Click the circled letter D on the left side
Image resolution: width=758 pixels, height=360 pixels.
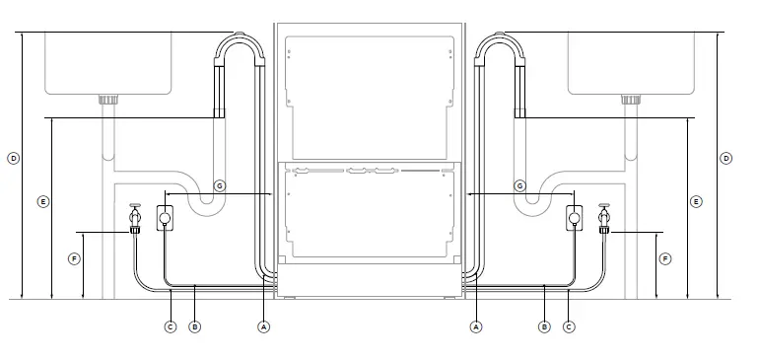coord(13,158)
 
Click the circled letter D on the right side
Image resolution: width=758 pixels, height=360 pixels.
coord(726,158)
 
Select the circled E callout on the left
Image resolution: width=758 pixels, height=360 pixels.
coord(42,201)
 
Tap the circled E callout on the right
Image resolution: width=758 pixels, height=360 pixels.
coord(696,201)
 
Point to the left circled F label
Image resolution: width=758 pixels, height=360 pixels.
coord(74,258)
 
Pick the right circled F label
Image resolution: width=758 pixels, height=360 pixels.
coord(664,258)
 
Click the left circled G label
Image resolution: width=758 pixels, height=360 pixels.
coord(220,185)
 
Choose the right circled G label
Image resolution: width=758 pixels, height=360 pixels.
coord(519,185)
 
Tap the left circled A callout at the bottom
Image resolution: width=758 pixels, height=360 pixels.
coord(263,325)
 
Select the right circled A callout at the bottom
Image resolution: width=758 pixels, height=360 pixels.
coord(476,325)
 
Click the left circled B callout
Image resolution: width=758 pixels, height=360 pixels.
coord(194,325)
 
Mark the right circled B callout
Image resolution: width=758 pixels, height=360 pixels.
coord(544,325)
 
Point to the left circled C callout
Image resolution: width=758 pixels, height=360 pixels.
coord(170,325)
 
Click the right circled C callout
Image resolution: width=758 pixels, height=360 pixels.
coord(569,325)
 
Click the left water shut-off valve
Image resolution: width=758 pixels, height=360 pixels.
coord(135,218)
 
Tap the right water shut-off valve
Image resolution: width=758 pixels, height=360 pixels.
coord(604,218)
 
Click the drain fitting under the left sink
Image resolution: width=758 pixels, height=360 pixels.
coord(108,99)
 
